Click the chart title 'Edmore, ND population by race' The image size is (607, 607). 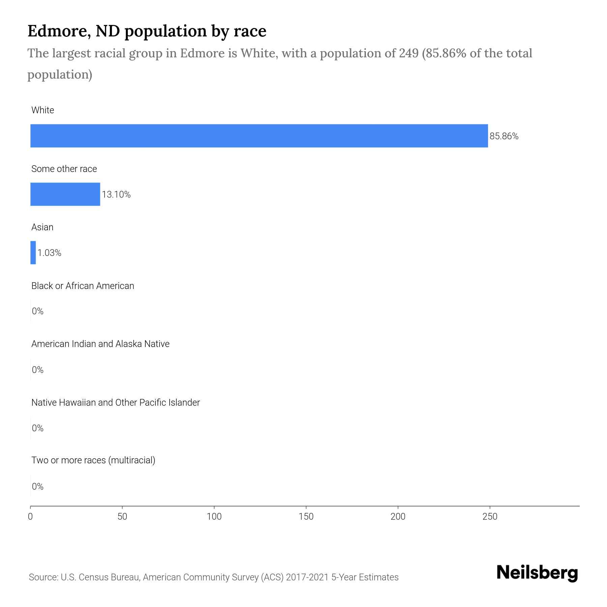click(x=147, y=31)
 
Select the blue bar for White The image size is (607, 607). click(x=259, y=136)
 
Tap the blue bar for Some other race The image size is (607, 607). click(x=65, y=194)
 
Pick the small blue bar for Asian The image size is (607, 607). click(x=33, y=253)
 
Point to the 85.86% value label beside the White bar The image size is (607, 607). click(x=504, y=136)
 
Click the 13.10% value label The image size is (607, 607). click(x=116, y=195)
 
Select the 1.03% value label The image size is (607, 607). click(x=49, y=253)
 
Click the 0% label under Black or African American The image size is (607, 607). click(x=38, y=311)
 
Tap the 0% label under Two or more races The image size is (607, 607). click(x=38, y=486)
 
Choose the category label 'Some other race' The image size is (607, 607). click(x=64, y=169)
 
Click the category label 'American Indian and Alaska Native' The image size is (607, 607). click(x=100, y=344)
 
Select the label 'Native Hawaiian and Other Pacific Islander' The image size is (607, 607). click(x=115, y=402)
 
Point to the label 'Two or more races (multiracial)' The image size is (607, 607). click(x=93, y=460)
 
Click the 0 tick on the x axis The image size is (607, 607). click(x=30, y=517)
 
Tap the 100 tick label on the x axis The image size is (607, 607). click(x=214, y=517)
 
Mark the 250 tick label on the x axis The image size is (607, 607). click(x=490, y=517)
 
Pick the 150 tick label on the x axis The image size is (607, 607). click(x=306, y=517)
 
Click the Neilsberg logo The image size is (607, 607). click(x=537, y=573)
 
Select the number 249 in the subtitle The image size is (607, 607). click(x=409, y=53)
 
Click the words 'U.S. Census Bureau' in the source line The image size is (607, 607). click(x=100, y=577)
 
